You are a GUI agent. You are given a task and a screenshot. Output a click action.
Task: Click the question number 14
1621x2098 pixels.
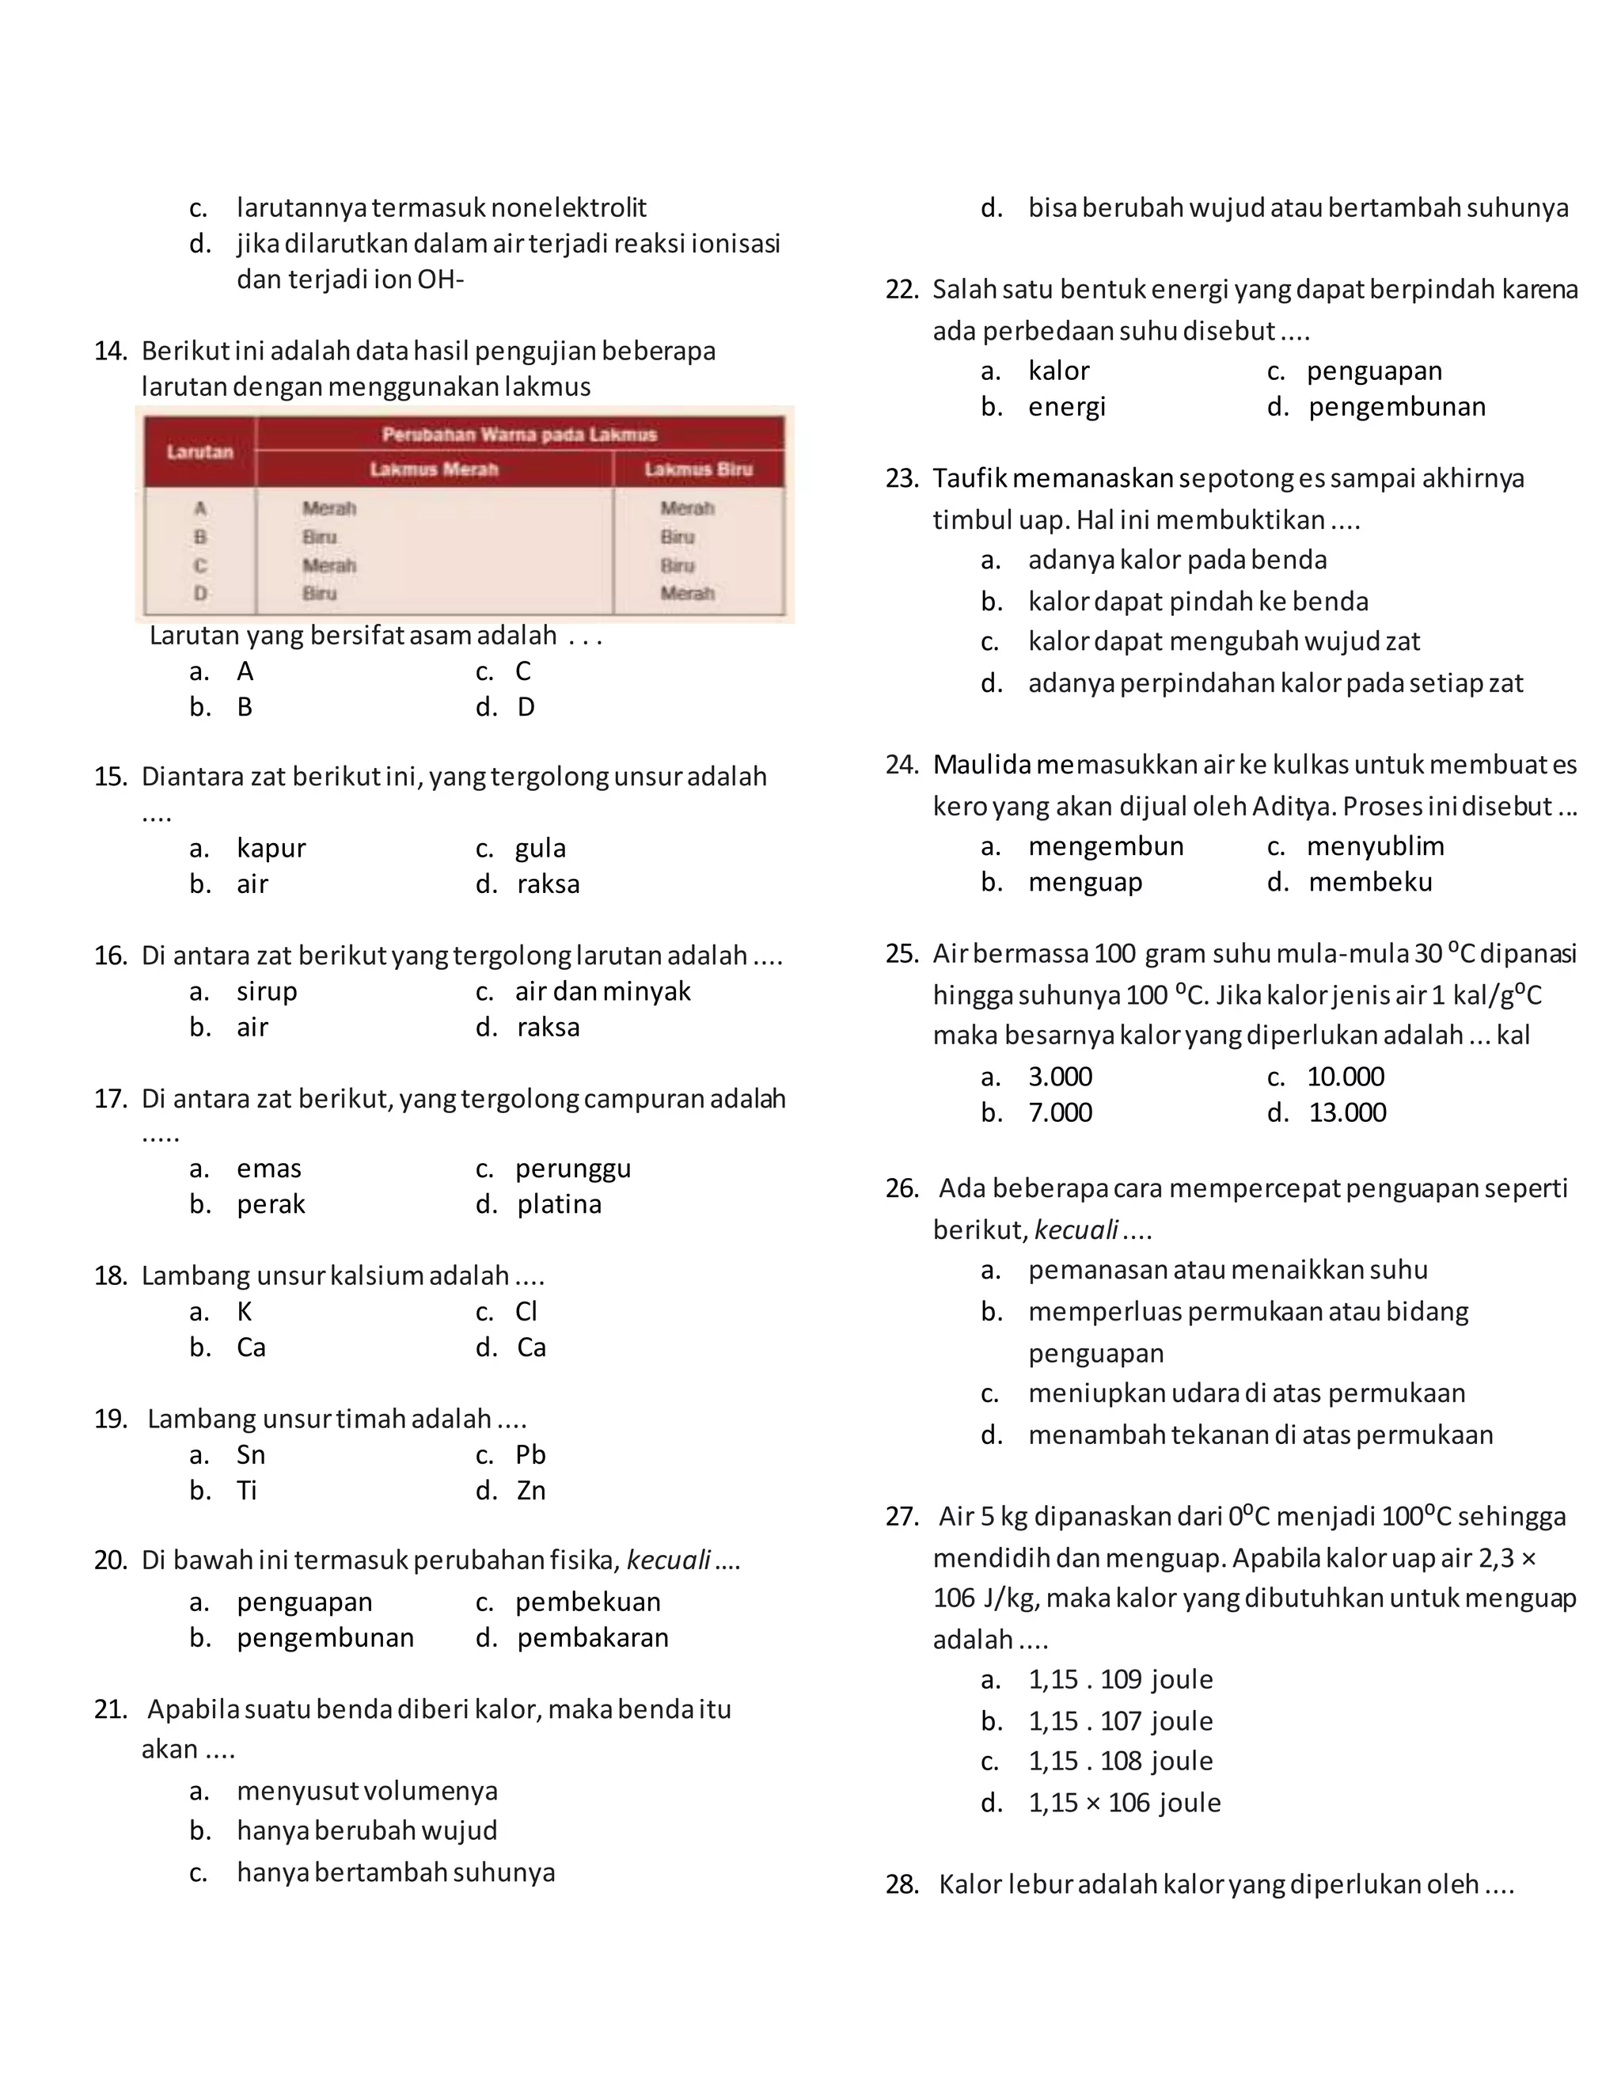pyautogui.click(x=111, y=351)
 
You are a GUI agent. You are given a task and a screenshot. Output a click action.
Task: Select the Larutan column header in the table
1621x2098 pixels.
pyautogui.click(x=199, y=451)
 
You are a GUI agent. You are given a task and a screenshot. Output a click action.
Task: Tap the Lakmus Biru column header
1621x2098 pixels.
pyautogui.click(x=698, y=469)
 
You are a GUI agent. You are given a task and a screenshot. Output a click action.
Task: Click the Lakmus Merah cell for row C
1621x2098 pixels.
pyautogui.click(x=329, y=564)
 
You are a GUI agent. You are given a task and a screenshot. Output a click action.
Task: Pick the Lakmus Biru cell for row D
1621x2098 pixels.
pyautogui.click(x=686, y=594)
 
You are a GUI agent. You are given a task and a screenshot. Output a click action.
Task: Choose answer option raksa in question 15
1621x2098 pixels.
pyautogui.click(x=548, y=884)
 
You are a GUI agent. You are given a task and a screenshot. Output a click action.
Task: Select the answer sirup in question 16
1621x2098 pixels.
pyautogui.click(x=267, y=990)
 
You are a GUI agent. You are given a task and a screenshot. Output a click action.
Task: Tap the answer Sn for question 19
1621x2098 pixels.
pyautogui.click(x=251, y=1454)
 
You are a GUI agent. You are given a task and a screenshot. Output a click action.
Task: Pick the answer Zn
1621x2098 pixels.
pyautogui.click(x=531, y=1490)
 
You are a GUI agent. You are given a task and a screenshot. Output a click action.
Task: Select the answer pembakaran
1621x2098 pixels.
pyautogui.click(x=593, y=1637)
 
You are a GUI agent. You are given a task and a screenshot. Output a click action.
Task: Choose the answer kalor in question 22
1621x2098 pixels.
pyautogui.click(x=1058, y=371)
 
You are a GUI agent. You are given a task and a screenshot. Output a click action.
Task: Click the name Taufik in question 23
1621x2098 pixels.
pyautogui.click(x=969, y=478)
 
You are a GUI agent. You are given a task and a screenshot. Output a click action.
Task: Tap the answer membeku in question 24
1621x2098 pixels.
pyautogui.click(x=1369, y=882)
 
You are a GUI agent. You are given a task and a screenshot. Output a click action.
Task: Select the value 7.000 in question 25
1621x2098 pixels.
pyautogui.click(x=1060, y=1112)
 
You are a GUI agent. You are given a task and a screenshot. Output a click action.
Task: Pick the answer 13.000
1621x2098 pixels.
pyautogui.click(x=1347, y=1112)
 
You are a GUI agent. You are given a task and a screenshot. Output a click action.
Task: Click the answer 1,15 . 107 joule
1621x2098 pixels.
pyautogui.click(x=1120, y=1720)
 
